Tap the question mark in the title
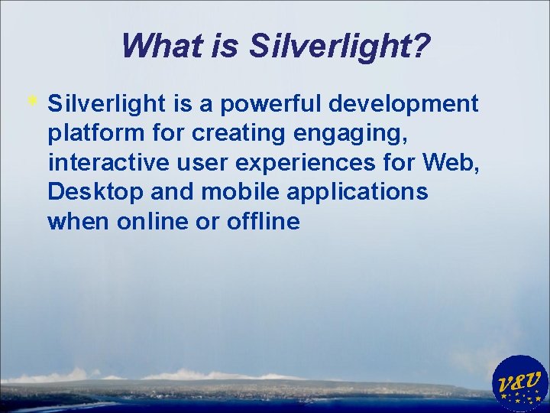[420, 45]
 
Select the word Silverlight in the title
[329, 45]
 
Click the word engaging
[350, 133]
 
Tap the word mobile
[240, 192]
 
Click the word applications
[357, 192]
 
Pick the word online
[150, 222]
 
